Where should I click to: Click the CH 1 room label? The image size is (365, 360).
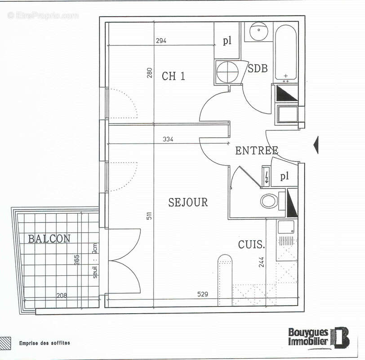[x=174, y=76]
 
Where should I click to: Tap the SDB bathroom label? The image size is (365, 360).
[x=258, y=68]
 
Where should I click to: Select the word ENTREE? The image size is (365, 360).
[x=257, y=151]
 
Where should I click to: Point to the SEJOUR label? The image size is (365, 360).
[x=188, y=202]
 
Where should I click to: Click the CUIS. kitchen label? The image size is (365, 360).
[x=251, y=245]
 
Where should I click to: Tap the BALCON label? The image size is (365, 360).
[x=49, y=238]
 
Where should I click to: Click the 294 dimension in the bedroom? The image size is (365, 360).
[x=161, y=41]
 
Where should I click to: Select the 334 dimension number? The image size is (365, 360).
[x=167, y=139]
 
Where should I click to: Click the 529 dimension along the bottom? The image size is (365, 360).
[x=203, y=294]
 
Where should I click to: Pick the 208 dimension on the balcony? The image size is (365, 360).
[x=62, y=296]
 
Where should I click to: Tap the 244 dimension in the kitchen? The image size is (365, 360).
[x=262, y=262]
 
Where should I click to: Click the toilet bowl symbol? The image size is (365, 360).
[x=269, y=201]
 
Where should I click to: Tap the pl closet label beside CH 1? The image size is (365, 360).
[x=227, y=41]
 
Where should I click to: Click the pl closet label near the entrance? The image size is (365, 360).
[x=284, y=176]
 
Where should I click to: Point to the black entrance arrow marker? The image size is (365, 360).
[x=316, y=145]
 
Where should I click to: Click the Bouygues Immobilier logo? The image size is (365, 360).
[x=319, y=337]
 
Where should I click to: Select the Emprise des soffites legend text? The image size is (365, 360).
[x=45, y=343]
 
